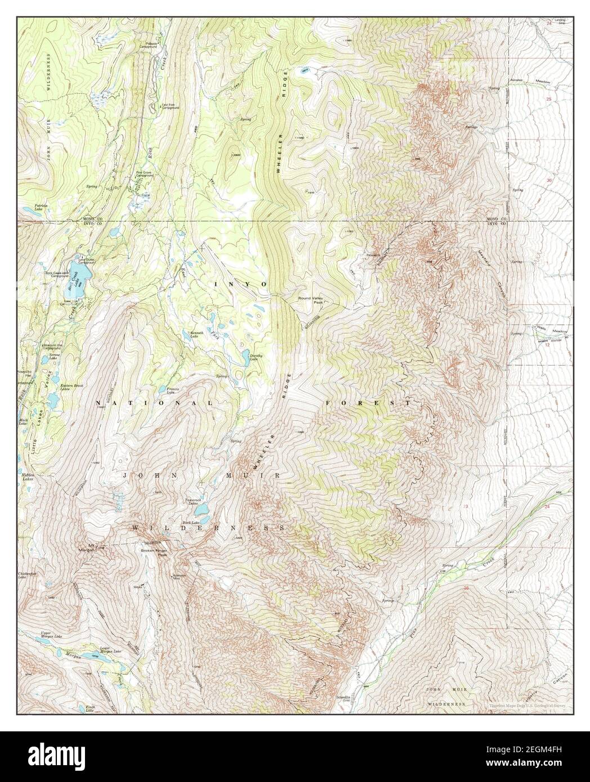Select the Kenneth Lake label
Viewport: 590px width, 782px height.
pyautogui.click(x=196, y=335)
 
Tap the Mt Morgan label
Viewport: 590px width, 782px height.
pyautogui.click(x=86, y=547)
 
